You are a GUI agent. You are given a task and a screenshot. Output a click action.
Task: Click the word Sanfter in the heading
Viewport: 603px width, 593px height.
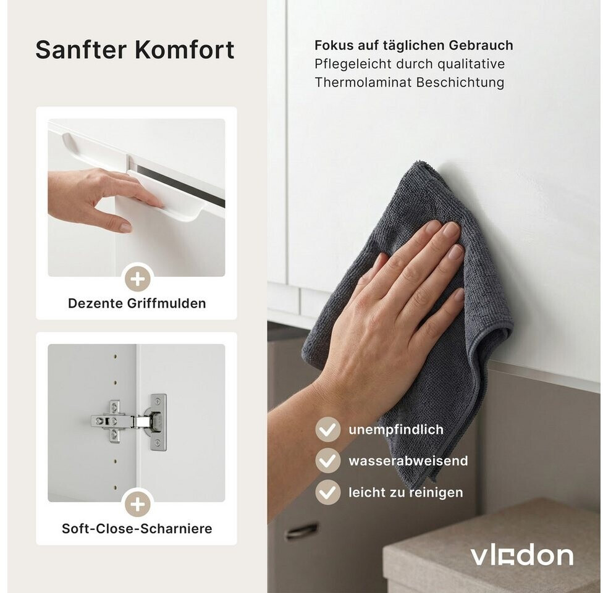81,49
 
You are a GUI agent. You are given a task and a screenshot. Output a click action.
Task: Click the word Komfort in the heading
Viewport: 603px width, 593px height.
185,49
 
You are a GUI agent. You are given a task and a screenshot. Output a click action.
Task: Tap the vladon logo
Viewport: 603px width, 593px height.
522,556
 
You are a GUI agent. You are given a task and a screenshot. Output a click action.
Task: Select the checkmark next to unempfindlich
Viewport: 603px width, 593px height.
327,429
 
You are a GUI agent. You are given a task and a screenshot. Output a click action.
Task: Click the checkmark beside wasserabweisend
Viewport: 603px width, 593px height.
327,460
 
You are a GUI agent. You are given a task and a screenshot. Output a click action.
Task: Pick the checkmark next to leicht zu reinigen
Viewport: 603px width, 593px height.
327,492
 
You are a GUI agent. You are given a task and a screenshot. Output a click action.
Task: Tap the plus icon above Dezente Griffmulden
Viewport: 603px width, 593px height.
138,279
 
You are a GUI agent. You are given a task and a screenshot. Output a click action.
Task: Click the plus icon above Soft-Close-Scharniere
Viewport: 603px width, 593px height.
138,504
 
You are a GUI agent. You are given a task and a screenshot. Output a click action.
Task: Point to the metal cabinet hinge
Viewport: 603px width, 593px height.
130,421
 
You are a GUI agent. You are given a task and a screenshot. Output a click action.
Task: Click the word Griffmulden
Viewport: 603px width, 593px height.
167,303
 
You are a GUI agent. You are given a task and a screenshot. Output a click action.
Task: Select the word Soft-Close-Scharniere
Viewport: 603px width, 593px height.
137,528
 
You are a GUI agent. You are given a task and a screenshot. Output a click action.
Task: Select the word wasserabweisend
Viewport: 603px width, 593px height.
408,460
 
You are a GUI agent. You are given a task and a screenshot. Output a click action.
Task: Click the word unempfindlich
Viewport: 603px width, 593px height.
396,429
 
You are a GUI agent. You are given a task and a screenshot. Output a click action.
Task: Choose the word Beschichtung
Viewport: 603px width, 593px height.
460,82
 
